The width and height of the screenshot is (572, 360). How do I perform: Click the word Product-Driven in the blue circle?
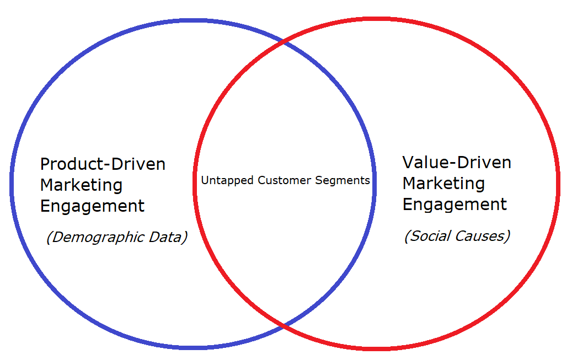coord(103,164)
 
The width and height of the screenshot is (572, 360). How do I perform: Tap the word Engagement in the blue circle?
coord(92,207)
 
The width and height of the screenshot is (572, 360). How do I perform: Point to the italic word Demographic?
coord(99,238)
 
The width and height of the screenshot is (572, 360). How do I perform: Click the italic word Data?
coord(165,237)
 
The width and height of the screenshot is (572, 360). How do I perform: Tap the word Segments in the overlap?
coord(343,180)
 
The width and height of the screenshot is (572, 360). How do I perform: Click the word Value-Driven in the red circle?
coord(457,163)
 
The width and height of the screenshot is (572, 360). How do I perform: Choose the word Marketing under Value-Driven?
coord(443,184)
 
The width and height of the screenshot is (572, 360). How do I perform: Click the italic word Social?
coord(430,236)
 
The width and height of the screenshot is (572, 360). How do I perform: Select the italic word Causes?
coord(479,237)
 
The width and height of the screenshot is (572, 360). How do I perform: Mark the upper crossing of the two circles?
coord(284,42)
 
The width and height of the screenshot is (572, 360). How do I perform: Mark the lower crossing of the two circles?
coord(284,324)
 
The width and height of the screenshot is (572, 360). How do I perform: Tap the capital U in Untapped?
coord(205,180)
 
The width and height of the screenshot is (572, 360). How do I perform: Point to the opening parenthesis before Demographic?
coord(49,238)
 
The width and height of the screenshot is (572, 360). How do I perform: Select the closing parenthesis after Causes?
coord(507,237)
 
